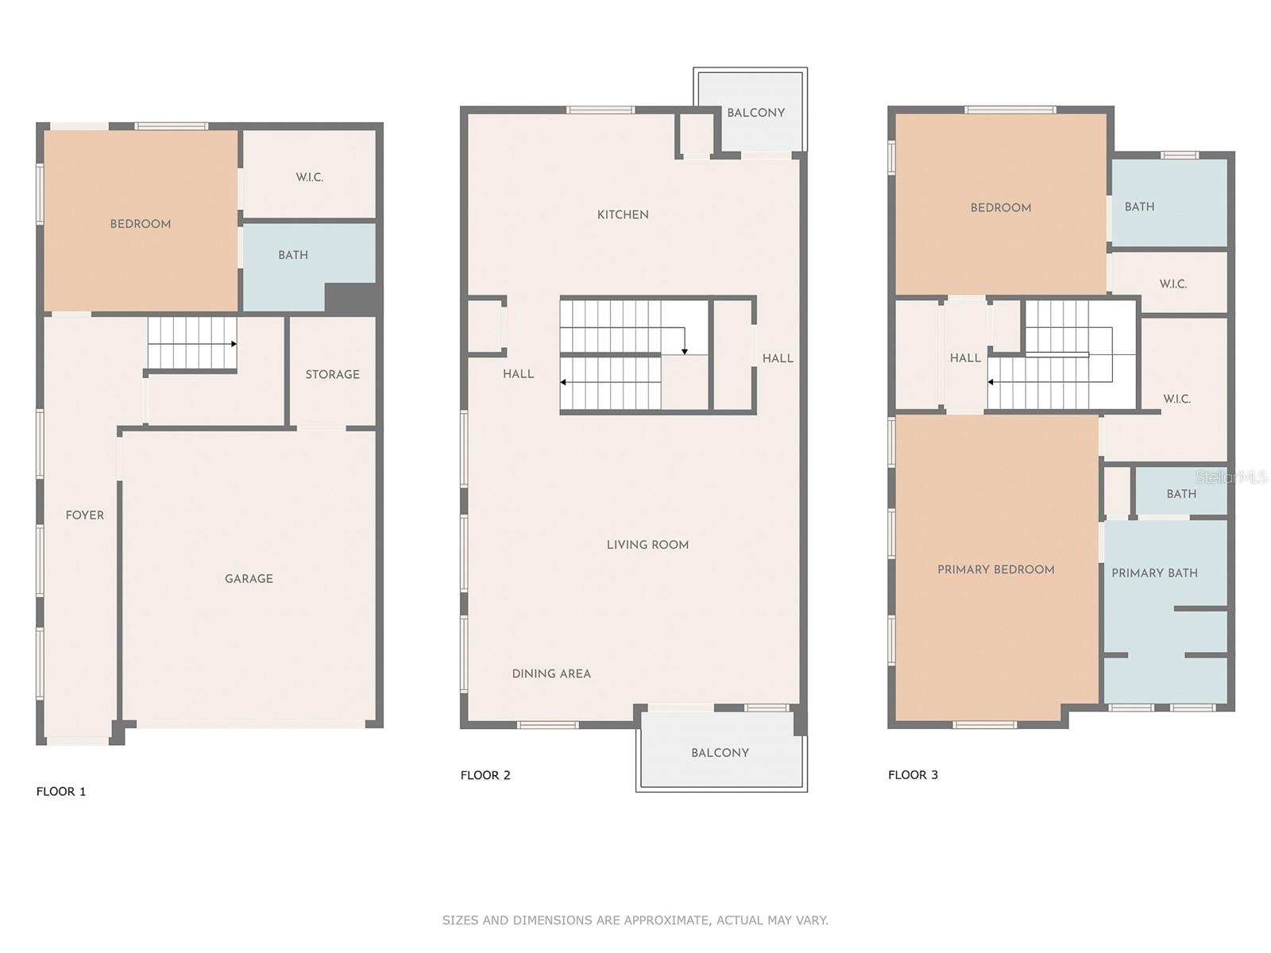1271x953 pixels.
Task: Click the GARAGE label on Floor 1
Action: point(249,579)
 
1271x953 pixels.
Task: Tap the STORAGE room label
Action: point(332,374)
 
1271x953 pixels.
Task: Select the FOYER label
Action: point(85,515)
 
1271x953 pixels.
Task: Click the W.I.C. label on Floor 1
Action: point(310,177)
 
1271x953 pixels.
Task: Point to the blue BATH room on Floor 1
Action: point(293,255)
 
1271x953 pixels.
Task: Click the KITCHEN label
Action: point(623,214)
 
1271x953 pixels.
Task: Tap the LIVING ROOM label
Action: point(647,545)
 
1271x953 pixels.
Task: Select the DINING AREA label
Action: point(551,673)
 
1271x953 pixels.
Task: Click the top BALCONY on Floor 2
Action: point(755,113)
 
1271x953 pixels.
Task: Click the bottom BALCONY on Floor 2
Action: point(720,753)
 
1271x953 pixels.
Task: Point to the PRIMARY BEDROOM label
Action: point(995,569)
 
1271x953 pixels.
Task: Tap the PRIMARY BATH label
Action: point(1154,573)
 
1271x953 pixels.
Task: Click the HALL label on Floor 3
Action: point(965,358)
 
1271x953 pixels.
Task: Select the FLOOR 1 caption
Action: point(61,791)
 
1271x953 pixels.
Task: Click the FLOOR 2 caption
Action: point(485,775)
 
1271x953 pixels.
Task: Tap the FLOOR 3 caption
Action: point(913,774)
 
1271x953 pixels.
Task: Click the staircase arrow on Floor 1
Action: point(233,344)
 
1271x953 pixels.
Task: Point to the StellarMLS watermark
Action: point(1230,476)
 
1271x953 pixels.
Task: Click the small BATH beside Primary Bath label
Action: point(1181,494)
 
